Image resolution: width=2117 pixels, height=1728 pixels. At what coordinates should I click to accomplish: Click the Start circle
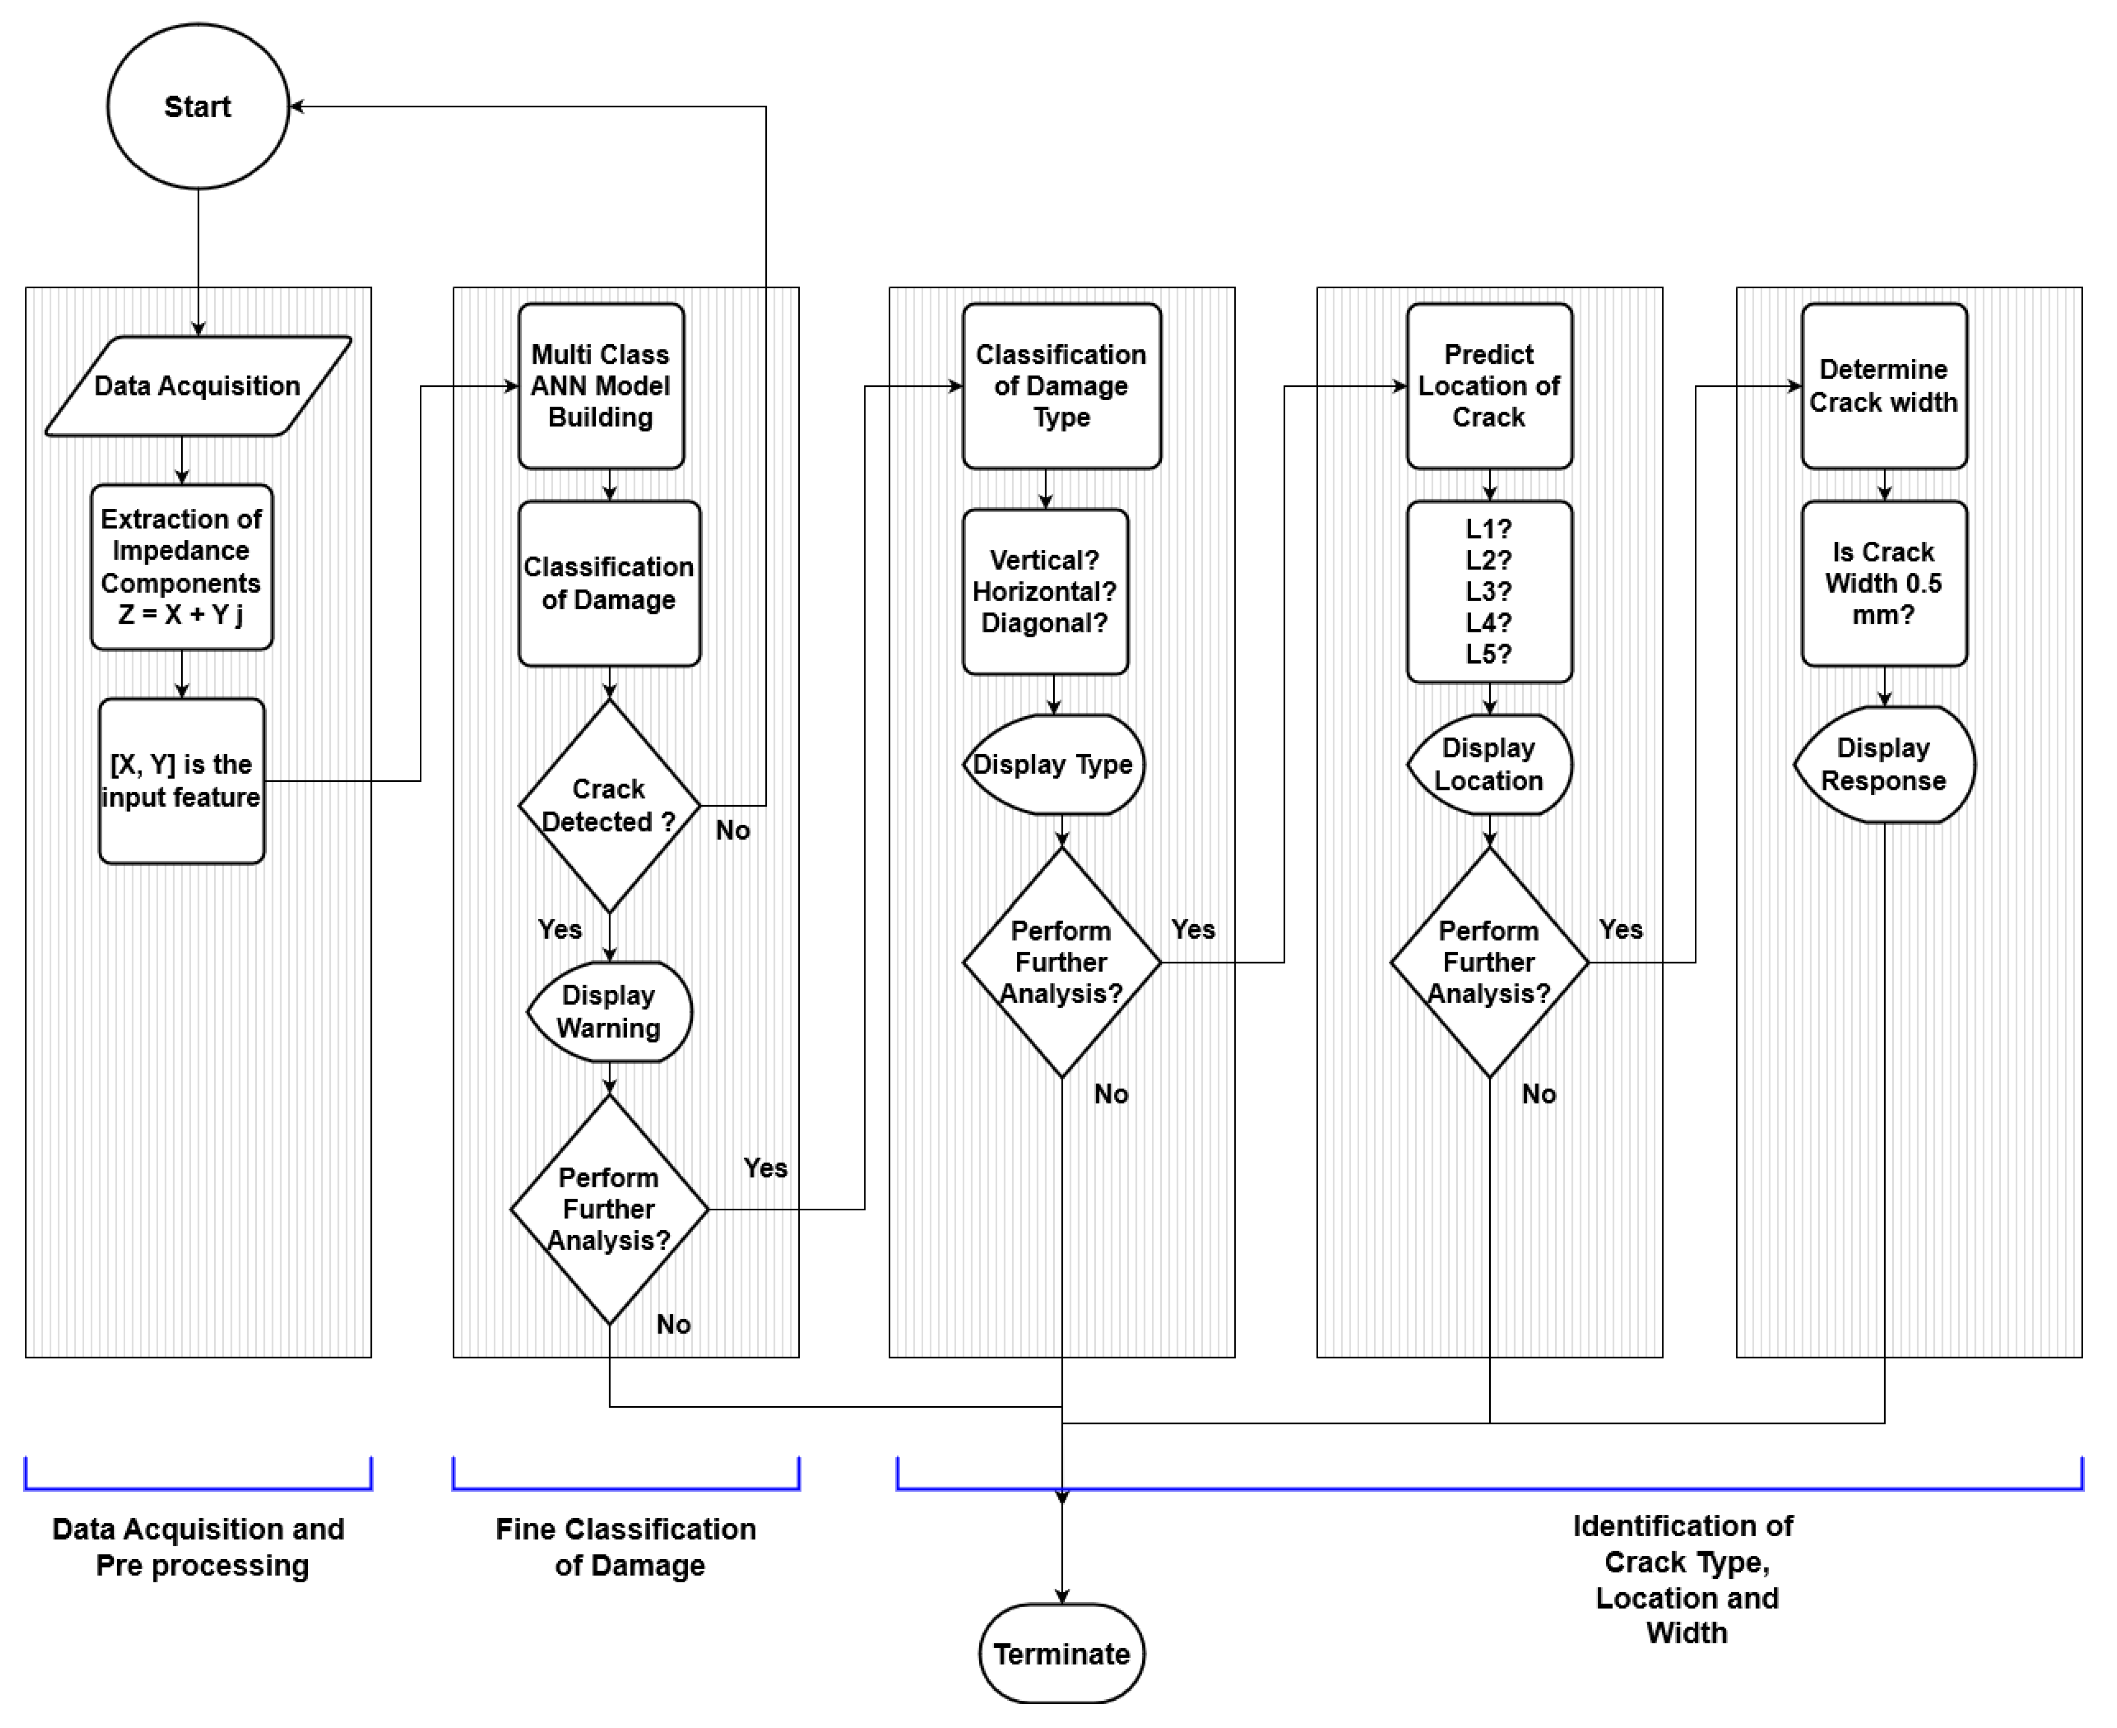[198, 107]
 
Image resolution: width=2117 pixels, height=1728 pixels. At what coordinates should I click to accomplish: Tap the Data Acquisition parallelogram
[198, 386]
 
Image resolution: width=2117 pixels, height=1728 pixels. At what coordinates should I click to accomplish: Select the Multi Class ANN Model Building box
[601, 386]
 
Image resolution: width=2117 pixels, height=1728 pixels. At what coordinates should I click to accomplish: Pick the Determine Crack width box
[1884, 386]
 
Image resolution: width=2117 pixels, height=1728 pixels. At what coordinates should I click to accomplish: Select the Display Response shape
[1884, 765]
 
